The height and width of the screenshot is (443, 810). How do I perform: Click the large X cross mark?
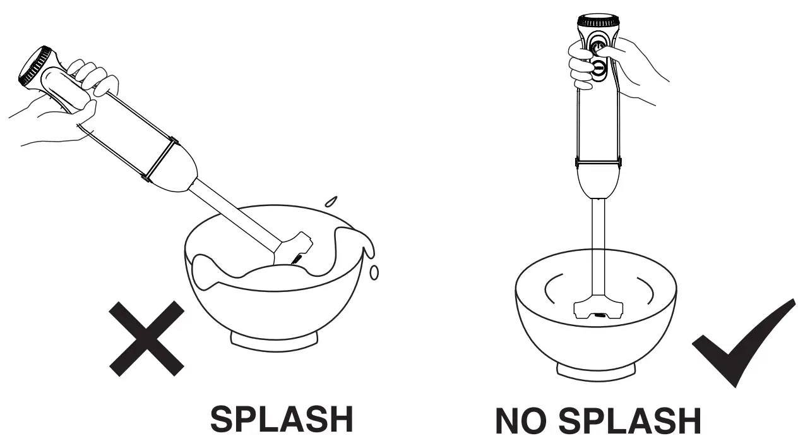[x=147, y=339]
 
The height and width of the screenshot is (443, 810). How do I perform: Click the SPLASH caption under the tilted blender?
[x=282, y=419]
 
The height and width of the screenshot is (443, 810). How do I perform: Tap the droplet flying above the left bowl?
[x=331, y=201]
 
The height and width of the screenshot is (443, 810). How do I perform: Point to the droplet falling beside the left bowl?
[x=374, y=272]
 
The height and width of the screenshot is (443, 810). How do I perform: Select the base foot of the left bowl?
[x=275, y=342]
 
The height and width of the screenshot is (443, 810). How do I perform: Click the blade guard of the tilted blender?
[x=294, y=250]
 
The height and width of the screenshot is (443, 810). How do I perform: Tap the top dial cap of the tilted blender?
[x=35, y=66]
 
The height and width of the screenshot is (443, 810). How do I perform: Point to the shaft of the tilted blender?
[x=235, y=217]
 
